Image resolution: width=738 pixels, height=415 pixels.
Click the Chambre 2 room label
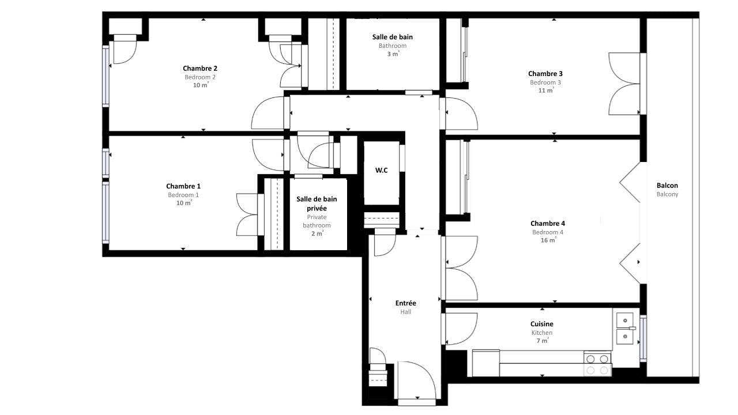click(x=200, y=69)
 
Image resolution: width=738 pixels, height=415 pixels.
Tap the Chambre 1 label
click(x=183, y=186)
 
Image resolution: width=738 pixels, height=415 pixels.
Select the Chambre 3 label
click(x=545, y=74)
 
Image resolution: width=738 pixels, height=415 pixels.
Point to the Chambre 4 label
click(x=548, y=223)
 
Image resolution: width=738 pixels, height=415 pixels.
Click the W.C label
click(x=381, y=170)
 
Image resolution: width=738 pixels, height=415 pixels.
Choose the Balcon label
click(x=667, y=186)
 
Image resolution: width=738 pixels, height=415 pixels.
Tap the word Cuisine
click(x=541, y=324)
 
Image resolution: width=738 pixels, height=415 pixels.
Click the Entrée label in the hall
click(x=405, y=303)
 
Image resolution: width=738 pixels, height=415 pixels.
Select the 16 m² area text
click(x=548, y=240)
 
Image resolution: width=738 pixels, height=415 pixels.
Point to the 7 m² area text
click(x=543, y=341)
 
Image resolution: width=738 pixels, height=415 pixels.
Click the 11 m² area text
click(x=546, y=90)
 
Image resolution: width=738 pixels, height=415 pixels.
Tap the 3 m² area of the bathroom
click(x=393, y=54)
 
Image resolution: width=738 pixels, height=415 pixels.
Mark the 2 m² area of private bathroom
click(x=317, y=233)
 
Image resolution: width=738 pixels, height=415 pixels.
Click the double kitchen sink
click(x=625, y=329)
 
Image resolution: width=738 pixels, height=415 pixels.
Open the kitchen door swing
click(x=461, y=329)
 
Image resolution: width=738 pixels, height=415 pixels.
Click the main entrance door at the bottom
click(x=417, y=381)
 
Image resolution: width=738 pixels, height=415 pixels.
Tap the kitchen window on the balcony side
click(x=643, y=338)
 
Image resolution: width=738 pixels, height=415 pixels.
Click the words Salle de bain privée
click(x=317, y=203)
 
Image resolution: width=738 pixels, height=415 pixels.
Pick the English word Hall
click(x=405, y=312)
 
